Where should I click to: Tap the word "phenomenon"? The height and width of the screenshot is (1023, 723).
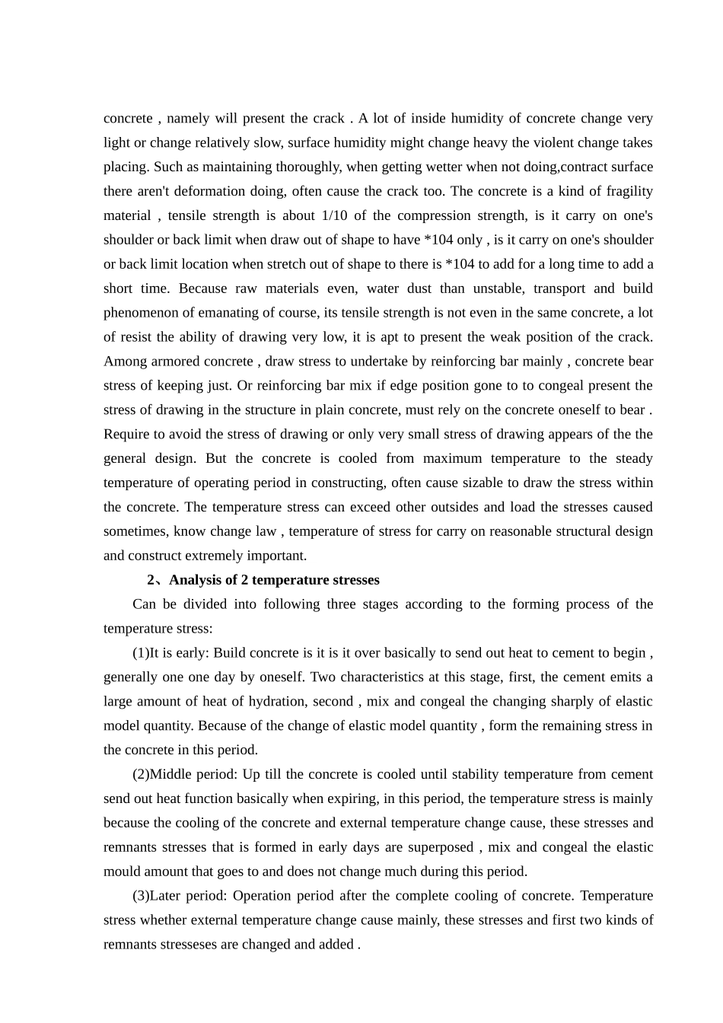click(140, 313)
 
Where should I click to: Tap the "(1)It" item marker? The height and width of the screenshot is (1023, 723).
click(146, 653)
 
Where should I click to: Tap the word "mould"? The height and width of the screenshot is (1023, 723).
click(122, 872)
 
